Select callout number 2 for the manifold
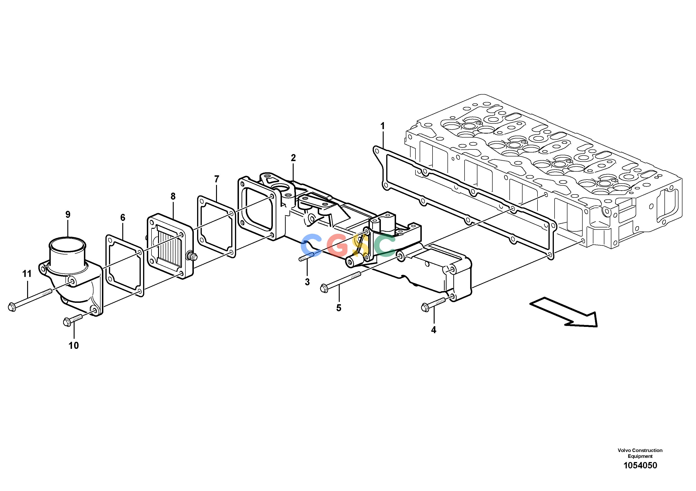click(x=293, y=158)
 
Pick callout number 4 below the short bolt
click(x=434, y=330)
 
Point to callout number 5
click(x=339, y=308)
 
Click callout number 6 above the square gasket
click(x=123, y=217)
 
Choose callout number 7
click(x=216, y=179)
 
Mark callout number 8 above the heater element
click(x=173, y=196)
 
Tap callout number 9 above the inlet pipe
click(x=68, y=214)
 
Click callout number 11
click(x=27, y=274)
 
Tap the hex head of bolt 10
click(x=67, y=321)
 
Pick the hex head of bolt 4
click(x=425, y=307)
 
